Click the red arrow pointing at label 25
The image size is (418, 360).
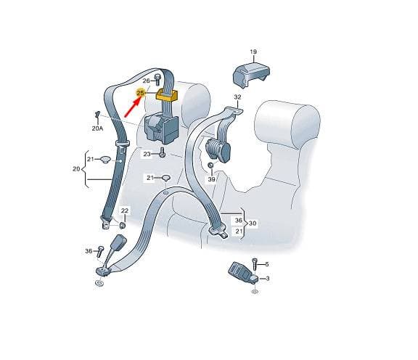click(133, 107)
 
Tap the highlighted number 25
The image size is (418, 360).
click(140, 93)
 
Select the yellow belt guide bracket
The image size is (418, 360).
click(167, 95)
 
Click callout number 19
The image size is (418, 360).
click(253, 52)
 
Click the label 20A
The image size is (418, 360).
click(97, 128)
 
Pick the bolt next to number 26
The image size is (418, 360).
click(157, 79)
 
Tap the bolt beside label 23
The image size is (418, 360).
click(162, 153)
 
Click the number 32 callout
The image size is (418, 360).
click(237, 97)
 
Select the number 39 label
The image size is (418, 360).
click(211, 179)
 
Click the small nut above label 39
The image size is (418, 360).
click(210, 165)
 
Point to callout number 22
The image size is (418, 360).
click(125, 210)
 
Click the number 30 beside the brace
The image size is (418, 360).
click(253, 223)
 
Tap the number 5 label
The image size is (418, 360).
click(267, 264)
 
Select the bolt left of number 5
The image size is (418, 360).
click(255, 263)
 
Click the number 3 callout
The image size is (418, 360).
click(268, 279)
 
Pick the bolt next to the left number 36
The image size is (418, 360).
click(100, 250)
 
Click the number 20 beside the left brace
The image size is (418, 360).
click(76, 169)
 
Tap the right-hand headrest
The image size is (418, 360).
click(287, 123)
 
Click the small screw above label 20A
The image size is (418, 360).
click(97, 115)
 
